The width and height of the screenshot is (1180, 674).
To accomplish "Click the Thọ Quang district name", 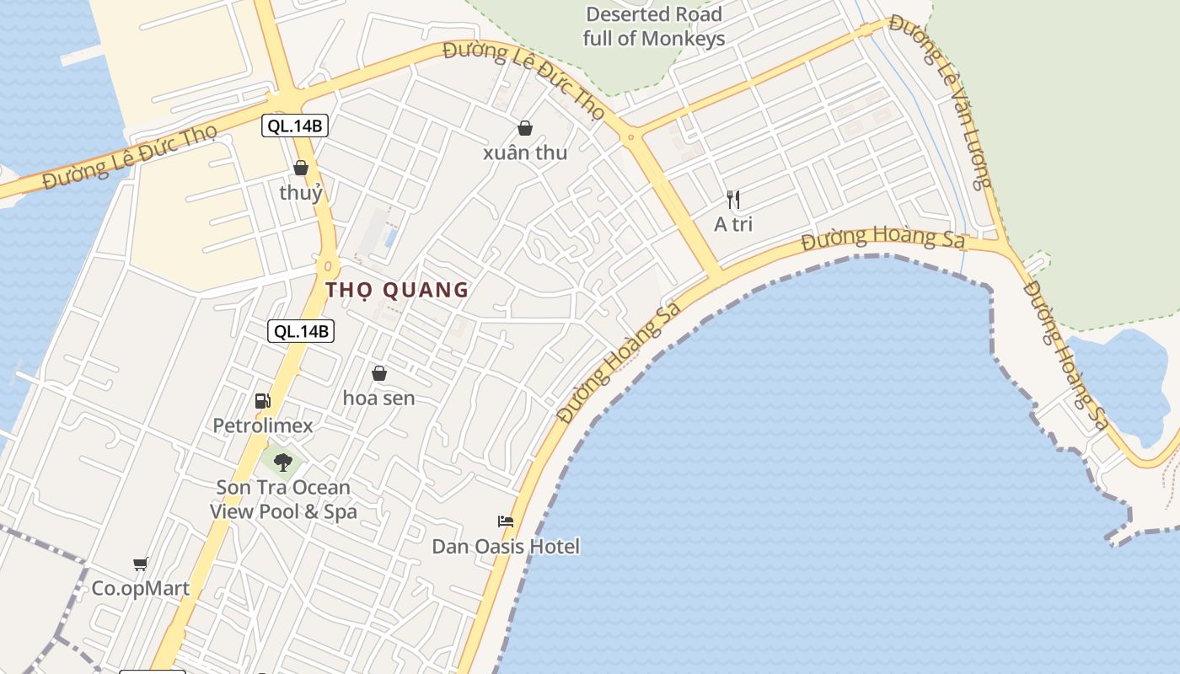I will pyautogui.click(x=397, y=290).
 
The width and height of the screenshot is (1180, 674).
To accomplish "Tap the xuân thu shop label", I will pyautogui.click(x=525, y=153).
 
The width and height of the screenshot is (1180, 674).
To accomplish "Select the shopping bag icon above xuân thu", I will pyautogui.click(x=525, y=128).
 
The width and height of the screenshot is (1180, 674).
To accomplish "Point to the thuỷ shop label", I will pyautogui.click(x=301, y=193).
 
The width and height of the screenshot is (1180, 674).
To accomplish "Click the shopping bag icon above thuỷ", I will pyautogui.click(x=301, y=168).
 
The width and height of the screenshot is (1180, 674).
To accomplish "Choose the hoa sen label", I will pyautogui.click(x=379, y=398).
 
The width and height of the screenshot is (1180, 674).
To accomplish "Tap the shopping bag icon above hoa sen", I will pyautogui.click(x=379, y=372).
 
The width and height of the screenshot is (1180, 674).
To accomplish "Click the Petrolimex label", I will pyautogui.click(x=262, y=425).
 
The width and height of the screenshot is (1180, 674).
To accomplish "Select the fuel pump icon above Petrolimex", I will pyautogui.click(x=262, y=401).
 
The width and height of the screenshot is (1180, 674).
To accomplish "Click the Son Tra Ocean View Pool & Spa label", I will pyautogui.click(x=283, y=500).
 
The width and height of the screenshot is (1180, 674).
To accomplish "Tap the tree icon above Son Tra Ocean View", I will pyautogui.click(x=283, y=461).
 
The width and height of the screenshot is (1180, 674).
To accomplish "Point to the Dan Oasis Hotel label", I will pyautogui.click(x=506, y=547).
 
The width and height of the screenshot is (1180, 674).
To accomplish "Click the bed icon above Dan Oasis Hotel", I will pyautogui.click(x=506, y=522).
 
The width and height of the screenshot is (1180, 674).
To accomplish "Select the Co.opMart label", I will pyautogui.click(x=141, y=588).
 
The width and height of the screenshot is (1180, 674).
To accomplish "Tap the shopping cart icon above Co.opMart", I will pyautogui.click(x=141, y=564).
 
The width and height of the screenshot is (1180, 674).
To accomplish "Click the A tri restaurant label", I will pyautogui.click(x=733, y=224).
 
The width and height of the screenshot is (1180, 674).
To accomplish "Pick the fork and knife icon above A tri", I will pyautogui.click(x=733, y=200).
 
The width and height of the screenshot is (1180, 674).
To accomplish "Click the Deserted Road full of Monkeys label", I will pyautogui.click(x=654, y=26).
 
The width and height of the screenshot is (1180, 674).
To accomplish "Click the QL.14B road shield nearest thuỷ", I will pyautogui.click(x=294, y=126).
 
